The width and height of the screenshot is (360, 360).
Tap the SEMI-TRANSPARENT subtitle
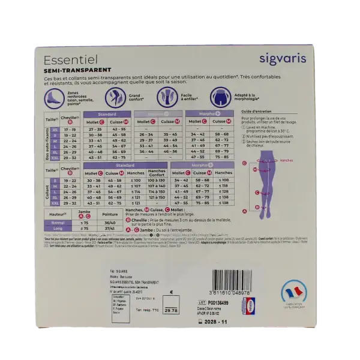pos(73,71)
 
